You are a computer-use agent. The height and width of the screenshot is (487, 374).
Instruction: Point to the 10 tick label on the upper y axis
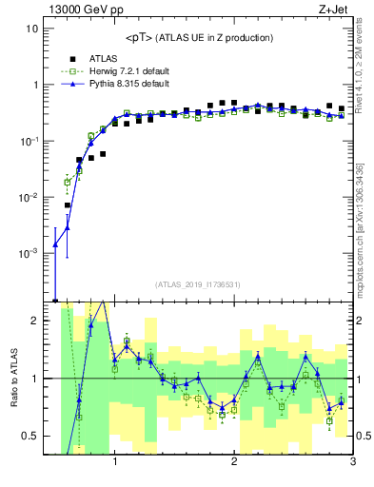(32, 29)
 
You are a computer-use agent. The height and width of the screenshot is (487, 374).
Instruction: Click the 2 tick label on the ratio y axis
(34, 321)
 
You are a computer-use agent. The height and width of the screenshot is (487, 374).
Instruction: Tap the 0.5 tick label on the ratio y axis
(30, 436)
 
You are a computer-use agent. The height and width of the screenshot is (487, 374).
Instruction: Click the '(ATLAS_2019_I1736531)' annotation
(198, 283)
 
